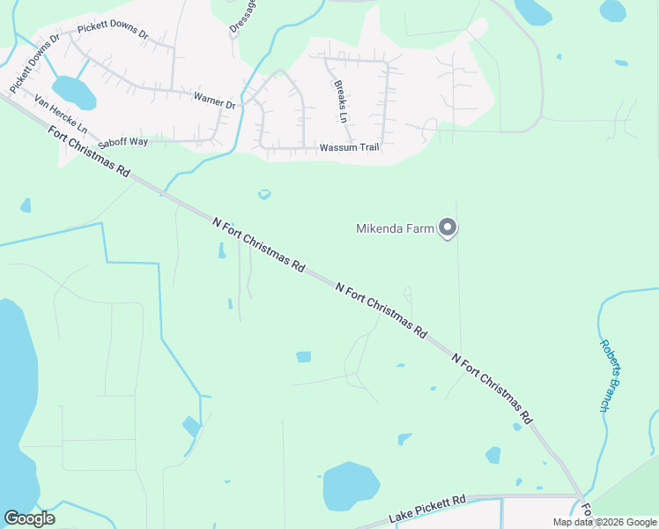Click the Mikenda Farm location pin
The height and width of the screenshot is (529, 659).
[x=448, y=228]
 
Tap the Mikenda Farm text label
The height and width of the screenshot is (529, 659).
[x=395, y=229]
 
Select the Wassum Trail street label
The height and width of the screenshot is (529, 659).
[x=349, y=147]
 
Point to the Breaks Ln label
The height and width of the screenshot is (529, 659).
[x=341, y=101]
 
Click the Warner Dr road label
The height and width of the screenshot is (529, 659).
[x=215, y=103]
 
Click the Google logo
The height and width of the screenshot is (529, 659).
[x=29, y=518]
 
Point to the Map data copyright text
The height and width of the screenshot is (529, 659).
[x=604, y=522]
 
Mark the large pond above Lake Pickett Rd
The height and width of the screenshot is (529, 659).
[x=350, y=486]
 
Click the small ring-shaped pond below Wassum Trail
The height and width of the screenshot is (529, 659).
[x=263, y=194]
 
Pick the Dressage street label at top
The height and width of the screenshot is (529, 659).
[x=239, y=18]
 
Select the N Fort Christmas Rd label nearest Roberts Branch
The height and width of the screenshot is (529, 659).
[x=493, y=386]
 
